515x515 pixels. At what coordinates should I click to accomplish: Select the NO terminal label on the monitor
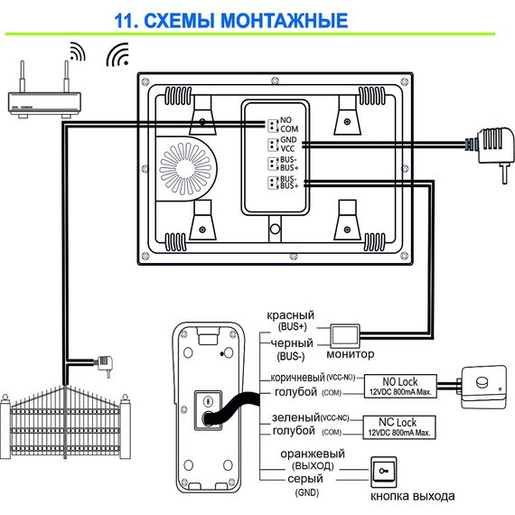coord(286,120)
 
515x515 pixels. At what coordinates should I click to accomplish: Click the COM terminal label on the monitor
coord(289,128)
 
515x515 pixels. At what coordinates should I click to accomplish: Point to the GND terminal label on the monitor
coord(288,140)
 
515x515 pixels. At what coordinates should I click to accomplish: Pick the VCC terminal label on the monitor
coord(287,148)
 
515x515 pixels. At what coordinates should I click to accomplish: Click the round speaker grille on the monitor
coord(185,169)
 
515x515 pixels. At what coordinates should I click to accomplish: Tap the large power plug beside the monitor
coord(491,152)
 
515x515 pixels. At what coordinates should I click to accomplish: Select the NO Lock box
coord(400,386)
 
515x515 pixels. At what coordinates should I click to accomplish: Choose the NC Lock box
coord(399,427)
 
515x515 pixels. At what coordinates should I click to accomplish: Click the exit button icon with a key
coord(384,472)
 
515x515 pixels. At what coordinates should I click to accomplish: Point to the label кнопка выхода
coord(413,496)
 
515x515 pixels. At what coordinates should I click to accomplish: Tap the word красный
coord(291,315)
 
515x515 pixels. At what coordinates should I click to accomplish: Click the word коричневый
coord(297,378)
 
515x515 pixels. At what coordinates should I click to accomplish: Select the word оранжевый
coord(313,454)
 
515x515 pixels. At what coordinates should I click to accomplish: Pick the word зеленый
coord(295,417)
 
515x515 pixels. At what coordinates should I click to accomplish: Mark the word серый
coord(305,479)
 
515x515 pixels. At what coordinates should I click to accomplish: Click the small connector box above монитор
coord(344,335)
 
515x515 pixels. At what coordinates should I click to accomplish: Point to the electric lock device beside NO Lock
coord(482,387)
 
